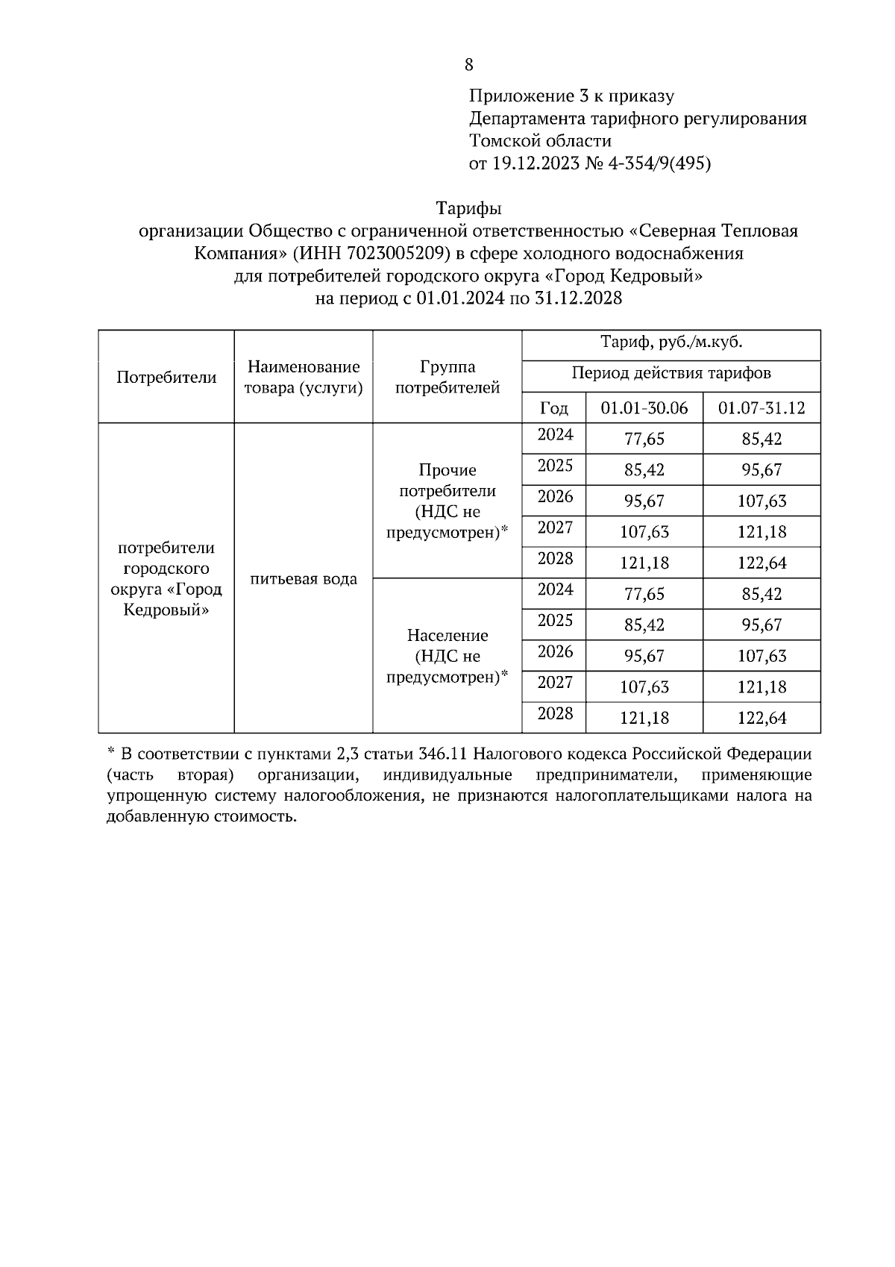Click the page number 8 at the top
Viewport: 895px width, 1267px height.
(x=468, y=65)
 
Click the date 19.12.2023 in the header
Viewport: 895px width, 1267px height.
(x=536, y=163)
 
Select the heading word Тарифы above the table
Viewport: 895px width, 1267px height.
(x=468, y=208)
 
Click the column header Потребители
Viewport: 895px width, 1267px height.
(x=166, y=377)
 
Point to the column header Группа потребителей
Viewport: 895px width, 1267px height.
(x=447, y=377)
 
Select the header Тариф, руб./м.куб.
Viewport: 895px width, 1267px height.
(x=671, y=342)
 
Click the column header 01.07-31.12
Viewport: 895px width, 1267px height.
(x=761, y=408)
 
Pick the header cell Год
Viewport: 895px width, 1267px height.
(x=553, y=408)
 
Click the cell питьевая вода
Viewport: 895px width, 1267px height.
(x=304, y=579)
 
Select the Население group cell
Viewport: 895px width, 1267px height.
(x=447, y=656)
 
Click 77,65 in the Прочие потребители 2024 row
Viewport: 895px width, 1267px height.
(x=644, y=439)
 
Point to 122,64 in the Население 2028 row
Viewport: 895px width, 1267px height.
(x=761, y=718)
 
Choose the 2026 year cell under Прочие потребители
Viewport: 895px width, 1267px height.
(x=555, y=497)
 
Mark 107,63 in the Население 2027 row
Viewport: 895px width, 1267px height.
(x=644, y=686)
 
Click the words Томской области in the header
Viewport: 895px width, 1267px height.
(x=540, y=141)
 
